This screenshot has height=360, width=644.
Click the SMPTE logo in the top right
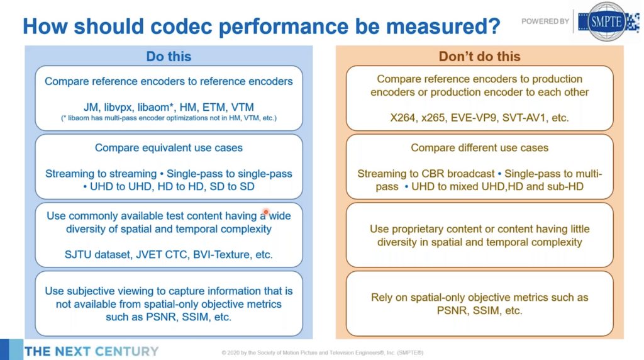click(606, 21)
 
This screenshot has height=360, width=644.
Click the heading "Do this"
click(169, 57)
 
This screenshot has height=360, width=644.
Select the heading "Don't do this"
click(479, 57)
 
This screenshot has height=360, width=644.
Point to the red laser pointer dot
click(266, 212)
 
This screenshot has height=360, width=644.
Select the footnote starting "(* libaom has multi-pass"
click(169, 118)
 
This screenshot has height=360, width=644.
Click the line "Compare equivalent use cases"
click(169, 148)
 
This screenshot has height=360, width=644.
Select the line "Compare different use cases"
click(479, 148)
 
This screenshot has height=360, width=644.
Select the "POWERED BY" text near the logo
click(545, 21)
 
